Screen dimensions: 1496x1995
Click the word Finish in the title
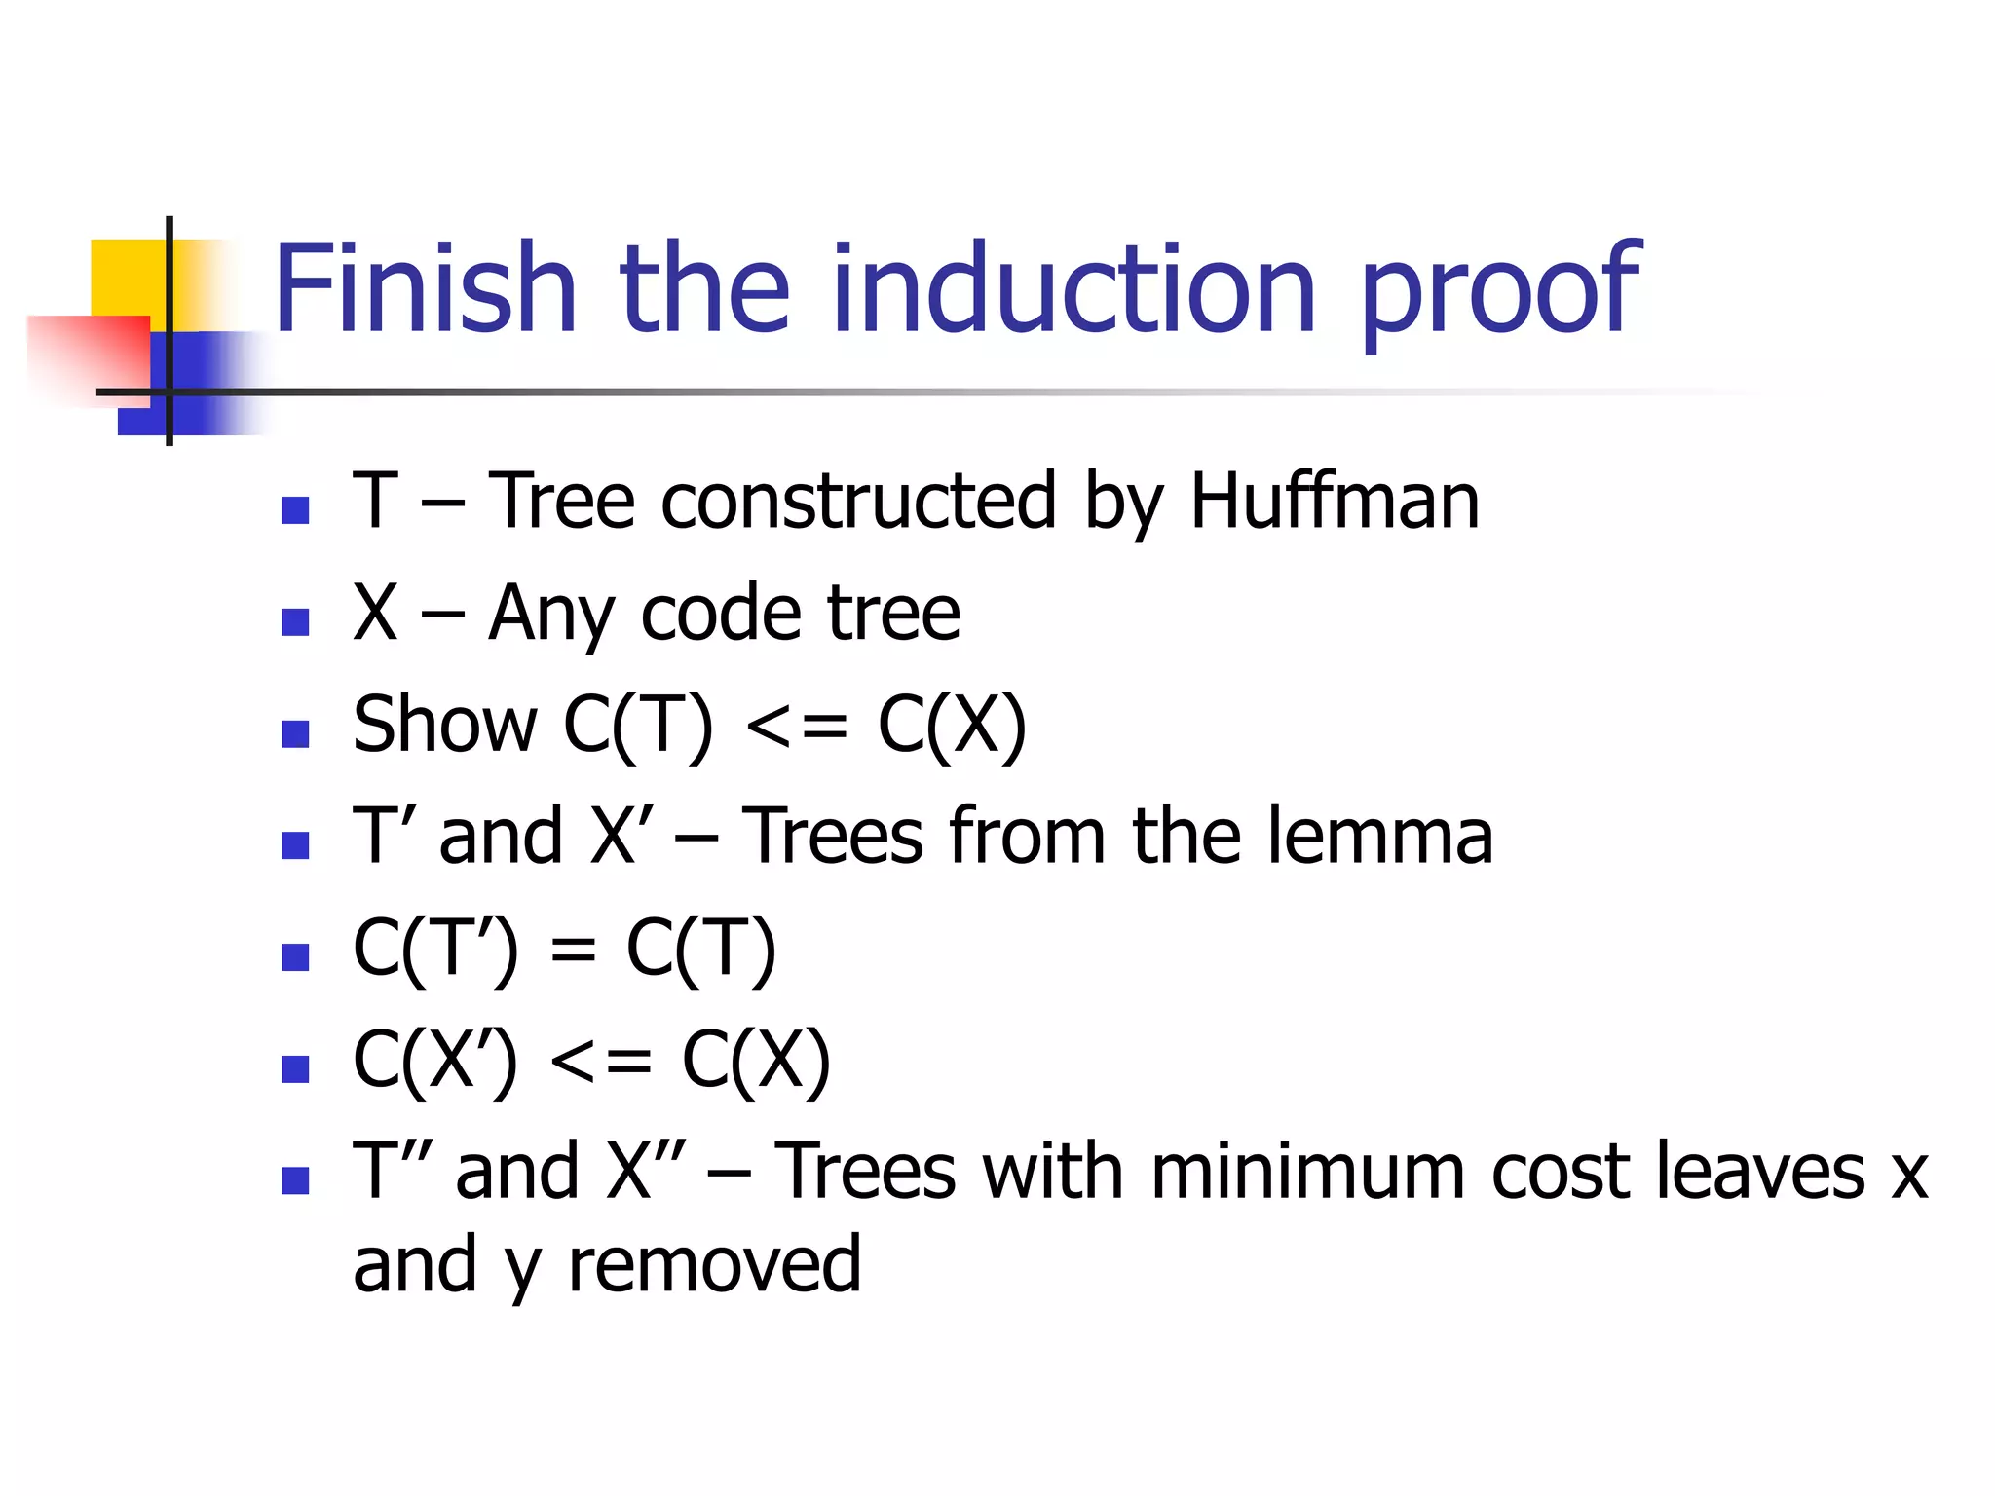click(x=426, y=289)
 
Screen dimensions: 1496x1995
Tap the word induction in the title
click(x=1074, y=289)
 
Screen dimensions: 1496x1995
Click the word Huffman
click(x=1335, y=502)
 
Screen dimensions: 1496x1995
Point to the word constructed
click(x=858, y=502)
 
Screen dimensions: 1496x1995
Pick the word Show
click(x=444, y=725)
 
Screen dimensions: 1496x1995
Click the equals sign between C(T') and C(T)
click(x=573, y=950)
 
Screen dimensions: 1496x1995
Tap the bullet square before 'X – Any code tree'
click(x=294, y=621)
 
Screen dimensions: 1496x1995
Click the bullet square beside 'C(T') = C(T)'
click(x=294, y=956)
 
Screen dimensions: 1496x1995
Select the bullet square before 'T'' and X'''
click(x=294, y=1180)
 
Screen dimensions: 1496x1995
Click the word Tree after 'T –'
click(x=562, y=502)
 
